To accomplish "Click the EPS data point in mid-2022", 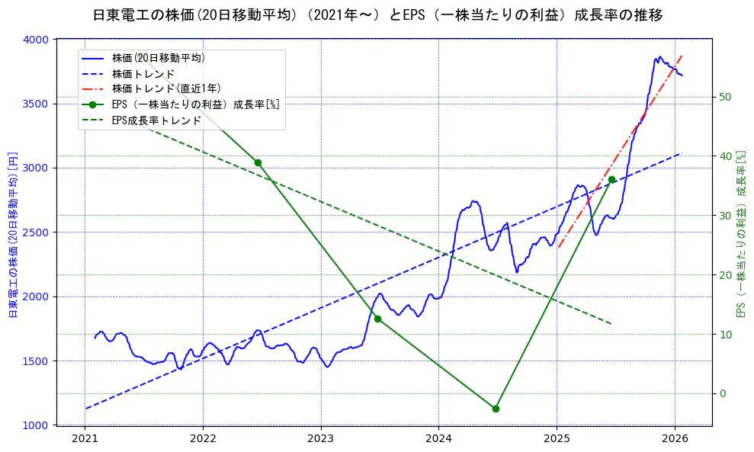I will [x=258, y=162].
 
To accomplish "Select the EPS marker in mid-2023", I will [x=377, y=319].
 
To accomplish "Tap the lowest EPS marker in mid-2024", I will [x=496, y=409].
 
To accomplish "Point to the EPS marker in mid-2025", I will [x=611, y=179].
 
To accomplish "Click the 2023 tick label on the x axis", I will [x=321, y=440].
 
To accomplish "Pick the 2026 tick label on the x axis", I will [x=675, y=440].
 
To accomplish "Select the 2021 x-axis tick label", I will [x=85, y=440].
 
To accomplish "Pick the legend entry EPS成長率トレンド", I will [x=156, y=120].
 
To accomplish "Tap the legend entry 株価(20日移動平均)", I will [x=158, y=58].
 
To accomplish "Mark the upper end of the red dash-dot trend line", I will [x=682, y=55].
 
